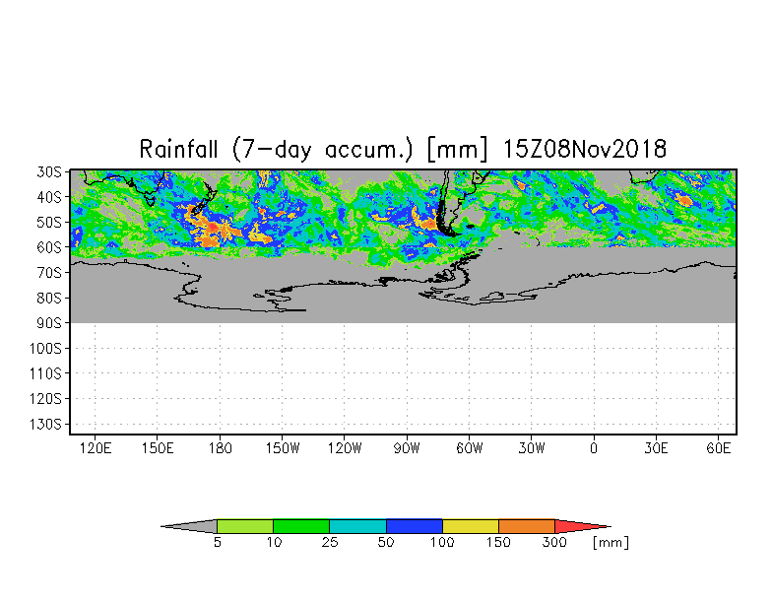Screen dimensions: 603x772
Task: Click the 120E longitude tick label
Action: pyautogui.click(x=95, y=449)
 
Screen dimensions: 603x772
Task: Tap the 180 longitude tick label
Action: pyautogui.click(x=220, y=449)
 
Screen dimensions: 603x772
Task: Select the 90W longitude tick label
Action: pyautogui.click(x=407, y=449)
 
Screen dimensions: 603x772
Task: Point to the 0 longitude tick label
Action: pyautogui.click(x=594, y=449)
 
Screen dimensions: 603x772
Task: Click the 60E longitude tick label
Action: pyautogui.click(x=719, y=449)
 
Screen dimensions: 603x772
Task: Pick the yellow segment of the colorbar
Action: pyautogui.click(x=471, y=526)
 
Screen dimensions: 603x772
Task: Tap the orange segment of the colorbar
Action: pyautogui.click(x=527, y=526)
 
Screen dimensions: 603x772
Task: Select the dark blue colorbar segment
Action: pyautogui.click(x=415, y=526)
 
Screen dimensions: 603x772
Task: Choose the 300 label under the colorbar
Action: pyautogui.click(x=555, y=543)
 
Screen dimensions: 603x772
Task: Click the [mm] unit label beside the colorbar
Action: pyautogui.click(x=611, y=543)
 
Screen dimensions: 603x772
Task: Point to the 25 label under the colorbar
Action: pyautogui.click(x=330, y=543)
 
